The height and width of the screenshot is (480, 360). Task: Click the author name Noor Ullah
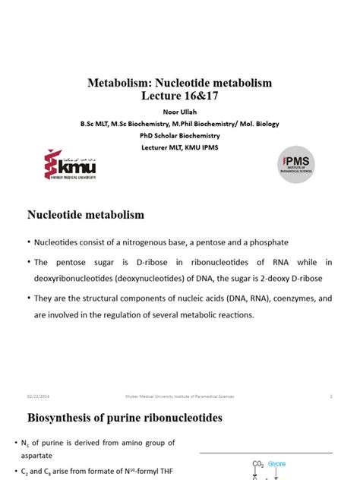[x=179, y=112]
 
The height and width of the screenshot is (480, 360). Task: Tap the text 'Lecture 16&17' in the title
[x=179, y=96]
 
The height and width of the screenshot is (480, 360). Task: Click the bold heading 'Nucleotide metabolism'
[x=86, y=215]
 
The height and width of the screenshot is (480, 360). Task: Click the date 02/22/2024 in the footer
[x=39, y=396]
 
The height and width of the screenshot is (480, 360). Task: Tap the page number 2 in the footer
[x=331, y=396]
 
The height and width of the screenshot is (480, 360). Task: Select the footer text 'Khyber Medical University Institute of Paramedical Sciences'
[x=179, y=396]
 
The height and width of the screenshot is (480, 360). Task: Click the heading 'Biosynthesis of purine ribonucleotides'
[x=125, y=418]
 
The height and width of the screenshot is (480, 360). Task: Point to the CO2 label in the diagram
[x=258, y=463]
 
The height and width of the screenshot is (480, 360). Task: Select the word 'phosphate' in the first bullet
[x=267, y=242]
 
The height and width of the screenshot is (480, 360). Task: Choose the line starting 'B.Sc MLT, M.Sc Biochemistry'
[x=179, y=124]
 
